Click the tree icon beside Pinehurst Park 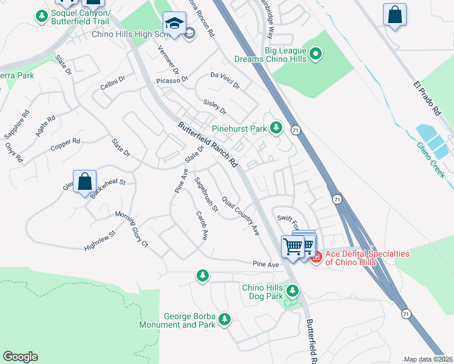click(x=277, y=127)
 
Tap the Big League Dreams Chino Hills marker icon click(x=315, y=55)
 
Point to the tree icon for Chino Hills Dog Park click(x=293, y=292)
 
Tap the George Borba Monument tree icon click(x=225, y=319)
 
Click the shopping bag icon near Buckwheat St click(x=85, y=181)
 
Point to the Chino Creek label click(x=430, y=159)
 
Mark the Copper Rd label click(x=66, y=145)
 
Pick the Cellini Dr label click(x=113, y=83)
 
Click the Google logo click(x=20, y=357)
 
